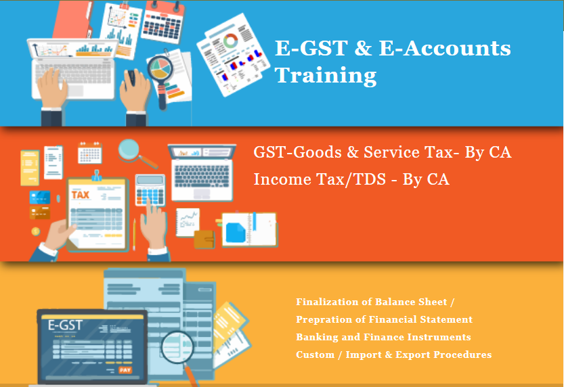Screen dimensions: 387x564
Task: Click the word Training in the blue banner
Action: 325,75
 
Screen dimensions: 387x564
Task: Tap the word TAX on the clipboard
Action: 81,196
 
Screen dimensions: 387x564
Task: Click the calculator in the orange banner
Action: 150,190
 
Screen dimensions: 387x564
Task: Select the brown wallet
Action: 204,238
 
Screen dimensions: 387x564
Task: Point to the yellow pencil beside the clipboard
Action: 133,233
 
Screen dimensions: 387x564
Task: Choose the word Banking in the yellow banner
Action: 316,337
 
